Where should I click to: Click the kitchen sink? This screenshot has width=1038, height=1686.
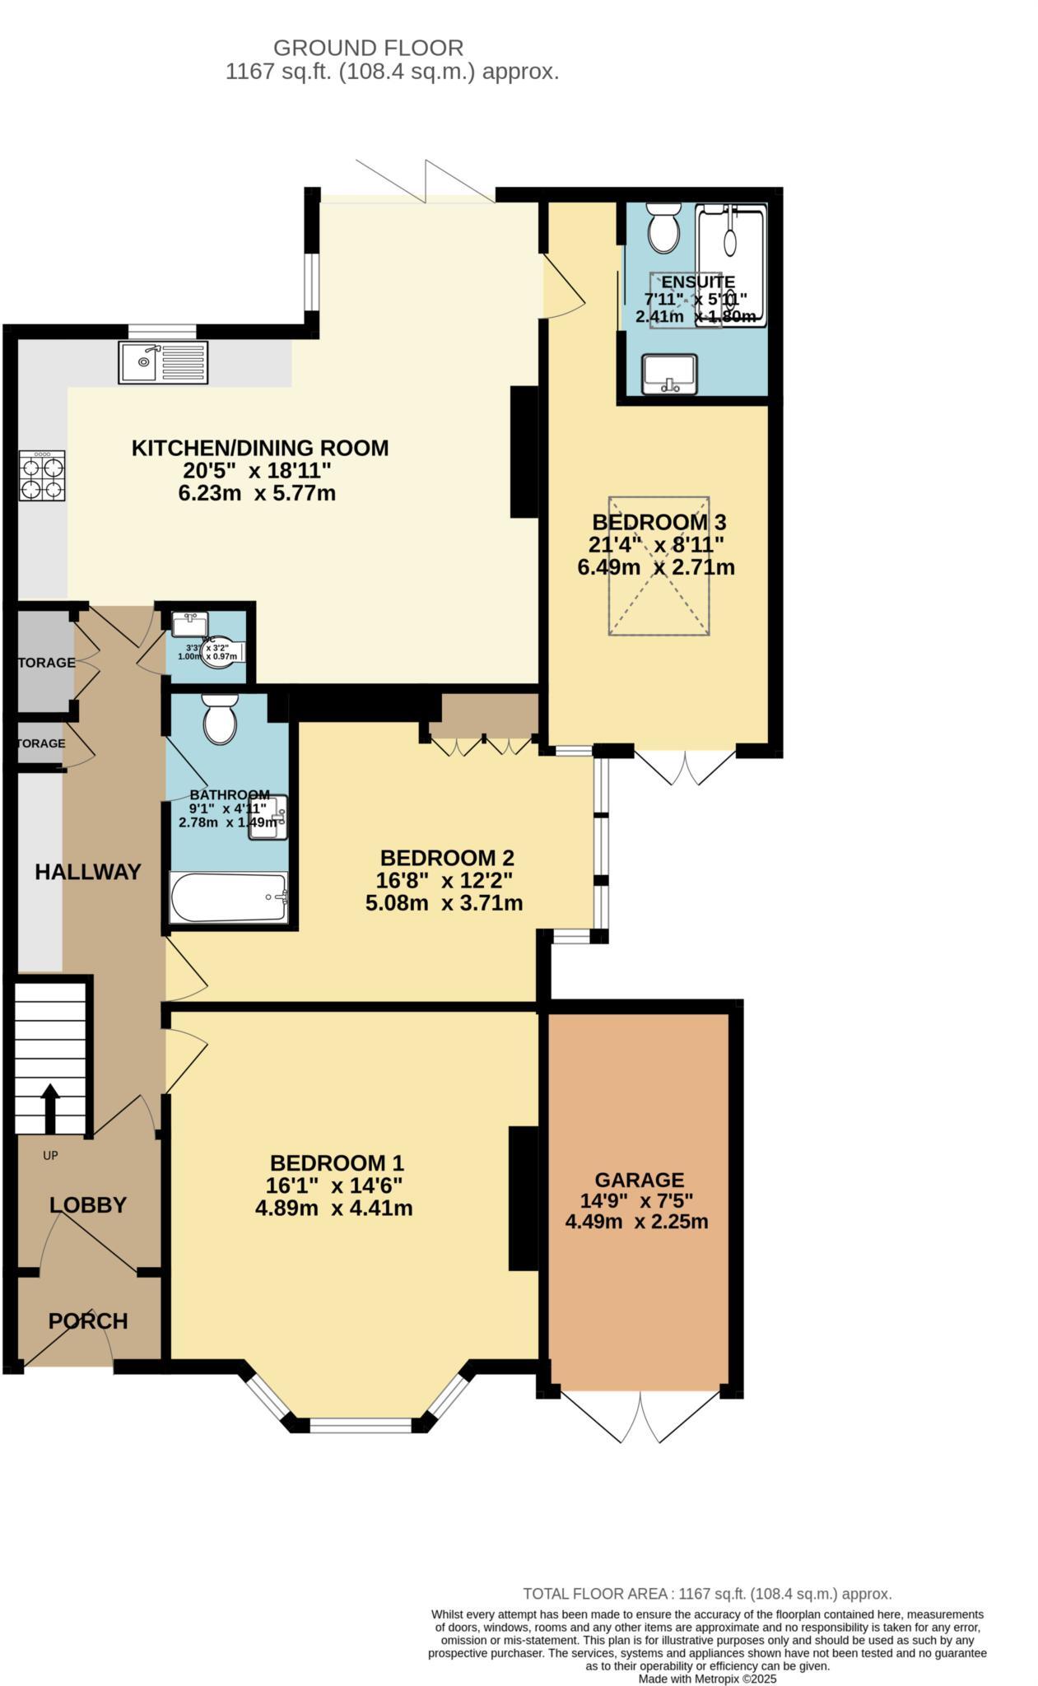coord(163,362)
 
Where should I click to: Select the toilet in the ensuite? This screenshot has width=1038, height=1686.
coord(663,228)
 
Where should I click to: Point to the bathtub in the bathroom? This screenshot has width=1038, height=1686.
coord(229,897)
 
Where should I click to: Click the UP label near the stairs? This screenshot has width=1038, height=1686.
coord(50,1155)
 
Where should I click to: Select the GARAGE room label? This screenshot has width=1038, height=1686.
coord(639,1180)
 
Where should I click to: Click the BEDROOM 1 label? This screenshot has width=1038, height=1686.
coord(337,1162)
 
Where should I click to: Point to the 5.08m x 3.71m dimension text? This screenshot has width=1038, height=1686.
coord(444,902)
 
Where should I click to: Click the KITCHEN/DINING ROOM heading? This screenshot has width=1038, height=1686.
coord(260,448)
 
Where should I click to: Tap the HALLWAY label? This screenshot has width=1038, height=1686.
coord(88,872)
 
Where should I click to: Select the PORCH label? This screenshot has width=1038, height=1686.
coord(88,1320)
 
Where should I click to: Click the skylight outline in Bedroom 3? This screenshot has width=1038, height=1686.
coord(659,565)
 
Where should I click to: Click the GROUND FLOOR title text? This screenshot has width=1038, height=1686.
coord(368,48)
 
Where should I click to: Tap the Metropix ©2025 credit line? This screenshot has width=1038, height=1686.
coord(707,1679)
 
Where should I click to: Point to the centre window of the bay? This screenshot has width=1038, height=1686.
coord(360,1423)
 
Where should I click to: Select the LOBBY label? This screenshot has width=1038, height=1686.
coord(88,1204)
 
